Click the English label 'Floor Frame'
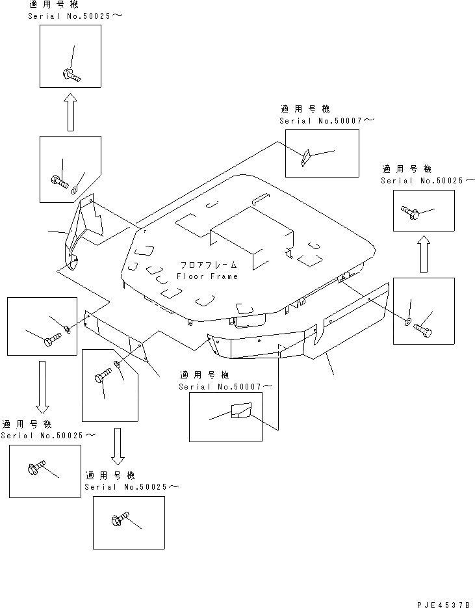(x=207, y=276)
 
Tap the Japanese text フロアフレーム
(x=209, y=265)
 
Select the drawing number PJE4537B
(x=444, y=605)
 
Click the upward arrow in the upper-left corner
(x=70, y=112)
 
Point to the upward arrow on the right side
(x=424, y=254)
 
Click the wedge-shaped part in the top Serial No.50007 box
(x=306, y=157)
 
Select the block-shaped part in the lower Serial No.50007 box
(x=241, y=410)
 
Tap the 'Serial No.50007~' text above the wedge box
(x=327, y=120)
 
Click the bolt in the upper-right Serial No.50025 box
(x=410, y=212)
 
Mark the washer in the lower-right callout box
(x=407, y=321)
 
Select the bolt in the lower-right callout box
(x=423, y=330)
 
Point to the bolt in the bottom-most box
(x=120, y=518)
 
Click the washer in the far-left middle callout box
(x=67, y=329)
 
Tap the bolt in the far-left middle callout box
(x=52, y=339)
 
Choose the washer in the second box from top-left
(x=74, y=190)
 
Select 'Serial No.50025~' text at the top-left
(x=75, y=16)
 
